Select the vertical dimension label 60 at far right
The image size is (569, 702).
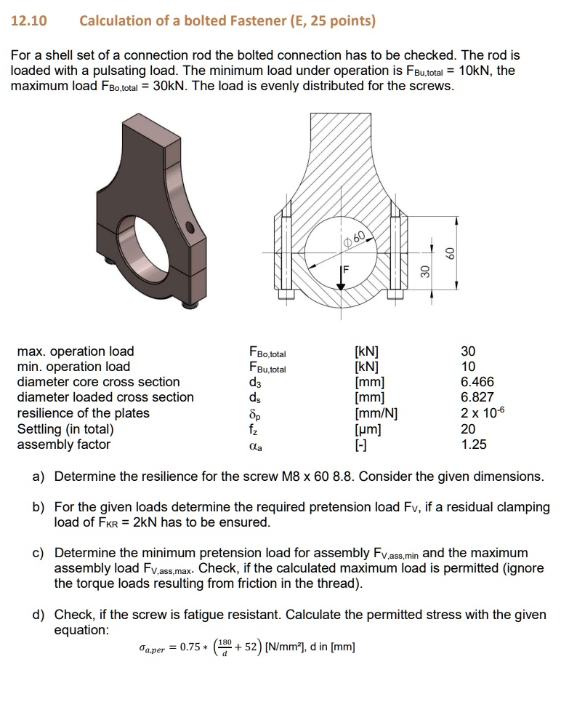click(451, 252)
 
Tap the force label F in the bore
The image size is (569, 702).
click(346, 270)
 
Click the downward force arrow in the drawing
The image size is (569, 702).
click(339, 280)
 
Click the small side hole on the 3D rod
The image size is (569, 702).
click(191, 226)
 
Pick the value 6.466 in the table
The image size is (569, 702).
click(477, 382)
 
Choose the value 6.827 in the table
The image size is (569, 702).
click(477, 397)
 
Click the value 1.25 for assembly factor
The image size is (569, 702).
click(474, 444)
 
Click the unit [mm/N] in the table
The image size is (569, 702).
click(375, 413)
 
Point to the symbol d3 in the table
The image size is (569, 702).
click(254, 383)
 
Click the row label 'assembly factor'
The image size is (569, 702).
click(64, 444)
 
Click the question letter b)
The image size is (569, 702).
click(39, 507)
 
